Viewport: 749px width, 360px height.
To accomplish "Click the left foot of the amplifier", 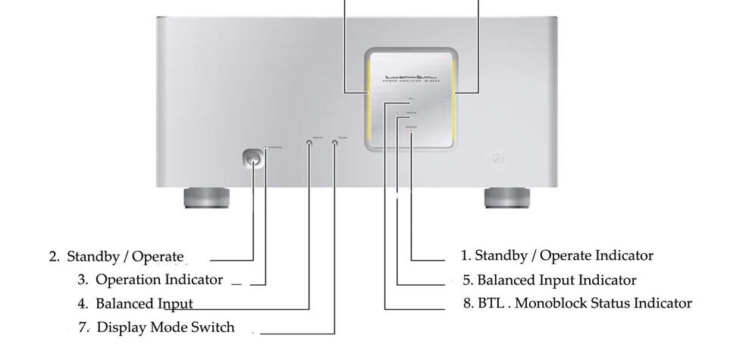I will click(x=205, y=199).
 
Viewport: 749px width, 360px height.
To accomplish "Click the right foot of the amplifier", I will click(x=505, y=199).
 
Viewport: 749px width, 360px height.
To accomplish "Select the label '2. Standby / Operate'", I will click(x=117, y=256).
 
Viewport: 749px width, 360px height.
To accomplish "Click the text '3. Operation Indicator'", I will click(x=150, y=280).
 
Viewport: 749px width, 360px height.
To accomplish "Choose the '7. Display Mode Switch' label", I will click(x=156, y=328).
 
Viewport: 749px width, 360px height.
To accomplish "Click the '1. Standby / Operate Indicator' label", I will click(x=556, y=255).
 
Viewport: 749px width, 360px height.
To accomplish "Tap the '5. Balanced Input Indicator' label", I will click(x=550, y=280).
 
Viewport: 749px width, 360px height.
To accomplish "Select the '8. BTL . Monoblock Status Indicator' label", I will click(x=577, y=303).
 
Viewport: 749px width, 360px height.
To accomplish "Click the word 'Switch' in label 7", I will click(x=215, y=328).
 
